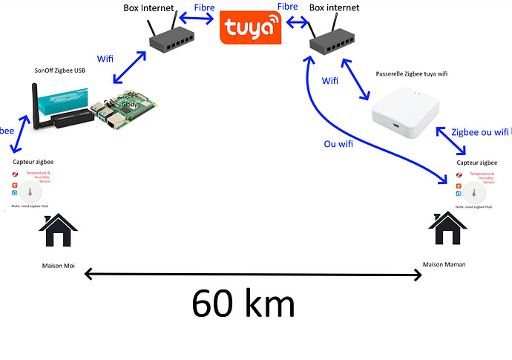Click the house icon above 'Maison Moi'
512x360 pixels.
(57, 232)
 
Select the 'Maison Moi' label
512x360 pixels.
(58, 265)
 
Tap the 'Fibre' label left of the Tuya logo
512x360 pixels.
(204, 7)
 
